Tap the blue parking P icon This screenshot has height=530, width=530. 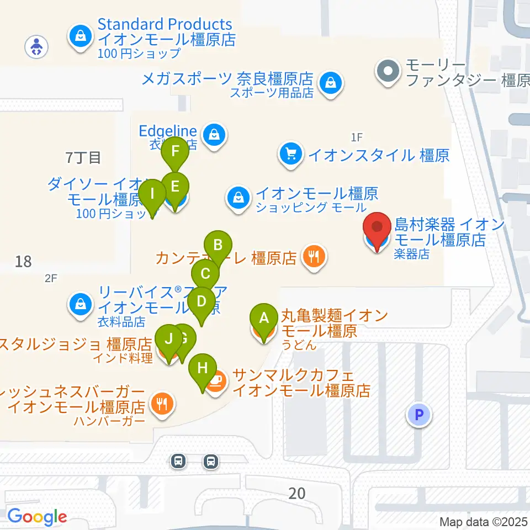click(x=418, y=415)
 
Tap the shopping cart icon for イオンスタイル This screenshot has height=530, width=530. click(x=290, y=154)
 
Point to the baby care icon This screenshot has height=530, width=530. click(x=36, y=46)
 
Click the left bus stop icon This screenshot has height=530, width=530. click(x=178, y=461)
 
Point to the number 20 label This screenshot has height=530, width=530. click(x=297, y=492)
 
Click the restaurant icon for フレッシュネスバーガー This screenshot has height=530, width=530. click(x=162, y=405)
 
